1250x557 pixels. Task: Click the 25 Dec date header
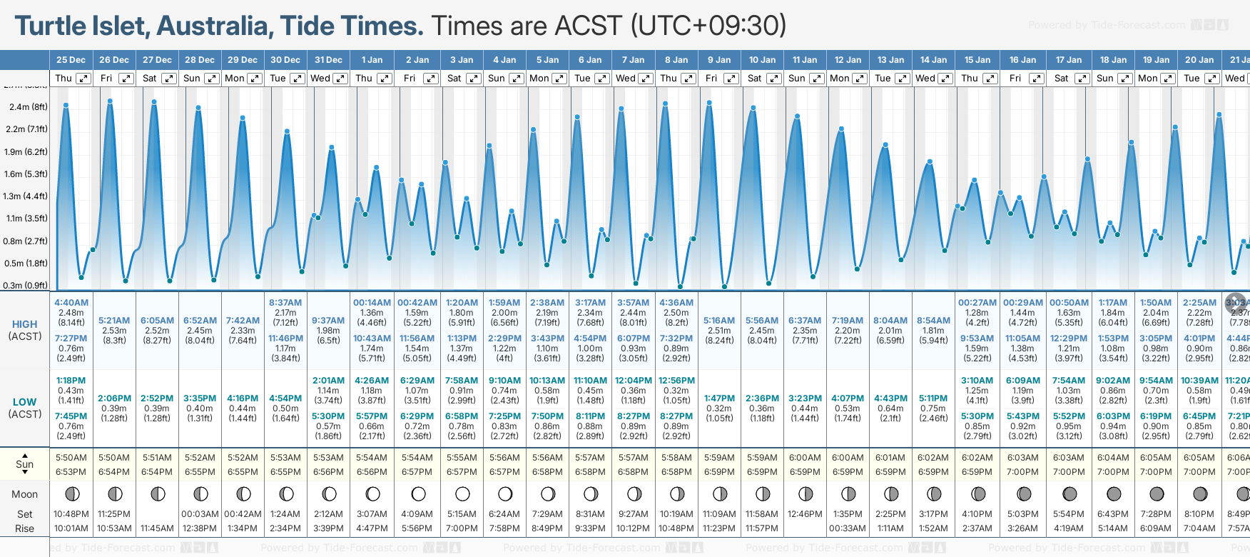pos(71,60)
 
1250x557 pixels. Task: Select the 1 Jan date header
pos(372,60)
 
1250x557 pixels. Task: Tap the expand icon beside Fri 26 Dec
pos(126,79)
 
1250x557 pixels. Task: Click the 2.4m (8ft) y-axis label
pos(29,107)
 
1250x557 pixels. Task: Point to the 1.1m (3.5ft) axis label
pos(26,219)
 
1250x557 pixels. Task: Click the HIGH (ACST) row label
pos(25,330)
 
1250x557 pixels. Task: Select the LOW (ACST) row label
pos(25,408)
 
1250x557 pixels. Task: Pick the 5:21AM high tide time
pos(114,321)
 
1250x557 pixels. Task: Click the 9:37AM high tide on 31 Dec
pos(328,321)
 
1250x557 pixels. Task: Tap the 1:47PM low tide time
pos(719,398)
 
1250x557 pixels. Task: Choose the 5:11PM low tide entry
pos(933,398)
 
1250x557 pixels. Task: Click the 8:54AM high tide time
pos(933,321)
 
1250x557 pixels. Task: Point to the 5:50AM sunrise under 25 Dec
pos(71,458)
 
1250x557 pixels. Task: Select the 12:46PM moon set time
pos(805,514)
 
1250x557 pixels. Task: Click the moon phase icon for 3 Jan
pos(462,493)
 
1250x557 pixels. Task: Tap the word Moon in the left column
pos(25,494)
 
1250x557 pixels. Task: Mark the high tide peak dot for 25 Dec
pos(66,105)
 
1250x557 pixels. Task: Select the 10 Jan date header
pos(762,60)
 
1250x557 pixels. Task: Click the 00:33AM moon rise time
pos(848,528)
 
